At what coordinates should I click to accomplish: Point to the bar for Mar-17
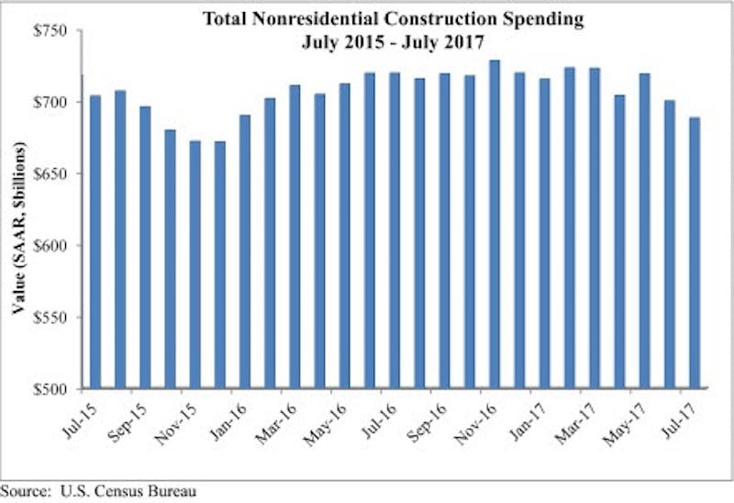click(x=594, y=229)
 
